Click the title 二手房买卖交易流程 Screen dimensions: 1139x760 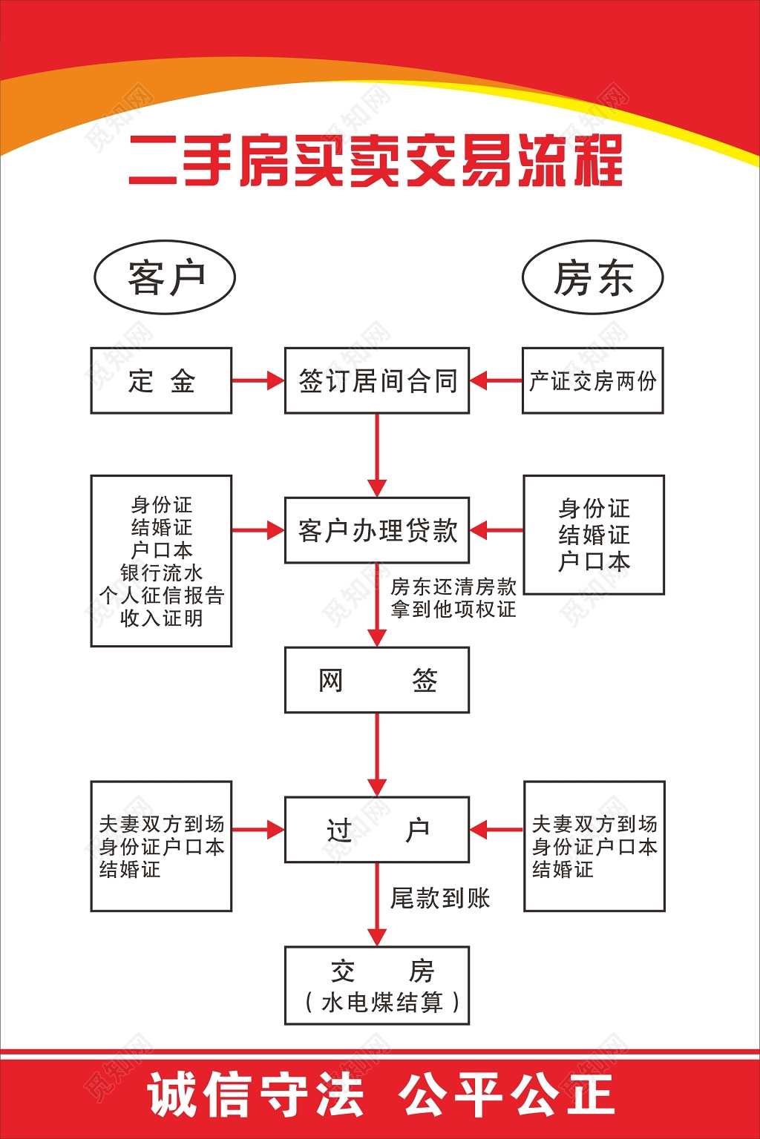pyautogui.click(x=376, y=160)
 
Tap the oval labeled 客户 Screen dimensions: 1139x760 pyautogui.click(x=165, y=277)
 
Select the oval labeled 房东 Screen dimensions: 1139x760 pyautogui.click(x=592, y=277)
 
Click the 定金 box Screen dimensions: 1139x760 pyautogui.click(x=161, y=380)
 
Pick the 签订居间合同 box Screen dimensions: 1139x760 pyautogui.click(x=377, y=380)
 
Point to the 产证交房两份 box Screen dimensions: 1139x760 pyautogui.click(x=592, y=380)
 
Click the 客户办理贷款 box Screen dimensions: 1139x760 pyautogui.click(x=377, y=530)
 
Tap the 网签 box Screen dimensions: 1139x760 pyautogui.click(x=377, y=680)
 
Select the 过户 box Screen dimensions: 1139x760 pyautogui.click(x=377, y=830)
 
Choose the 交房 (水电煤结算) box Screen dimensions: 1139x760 pyautogui.click(x=377, y=986)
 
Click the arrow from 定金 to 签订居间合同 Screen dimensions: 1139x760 pyautogui.click(x=258, y=380)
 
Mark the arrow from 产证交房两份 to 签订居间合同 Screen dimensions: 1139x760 pyautogui.click(x=496, y=380)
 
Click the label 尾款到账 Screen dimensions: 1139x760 pyautogui.click(x=440, y=898)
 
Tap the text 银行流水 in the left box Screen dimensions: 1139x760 pyautogui.click(x=161, y=572)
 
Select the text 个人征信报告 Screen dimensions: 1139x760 pyautogui.click(x=161, y=595)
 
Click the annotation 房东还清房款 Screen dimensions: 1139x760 pyautogui.click(x=453, y=587)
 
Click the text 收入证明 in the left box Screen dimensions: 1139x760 pyautogui.click(x=161, y=618)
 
